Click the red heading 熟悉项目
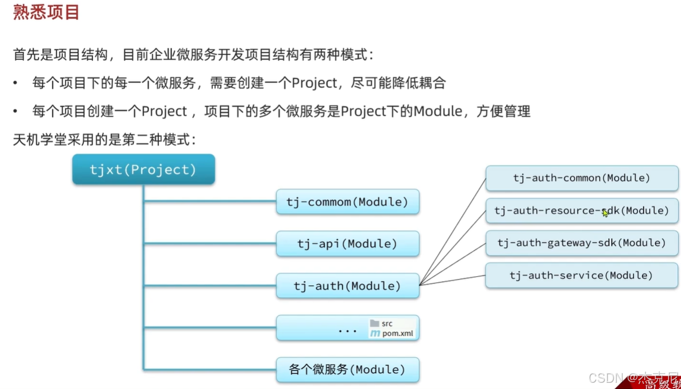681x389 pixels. (47, 12)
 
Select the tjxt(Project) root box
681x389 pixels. (143, 170)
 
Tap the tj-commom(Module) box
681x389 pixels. (347, 202)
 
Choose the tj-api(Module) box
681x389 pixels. (347, 244)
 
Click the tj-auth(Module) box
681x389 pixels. (347, 286)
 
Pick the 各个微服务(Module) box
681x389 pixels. (347, 370)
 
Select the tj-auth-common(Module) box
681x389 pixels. (582, 178)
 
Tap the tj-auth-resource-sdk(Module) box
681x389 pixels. (582, 211)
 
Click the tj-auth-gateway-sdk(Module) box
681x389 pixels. (582, 243)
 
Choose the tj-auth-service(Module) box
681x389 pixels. (582, 276)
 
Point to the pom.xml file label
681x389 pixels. (398, 333)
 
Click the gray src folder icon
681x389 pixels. (375, 323)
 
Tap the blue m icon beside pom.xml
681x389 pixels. (375, 333)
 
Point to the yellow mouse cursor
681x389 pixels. (606, 213)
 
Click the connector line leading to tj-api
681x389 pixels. (210, 244)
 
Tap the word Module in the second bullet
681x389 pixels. (438, 111)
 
